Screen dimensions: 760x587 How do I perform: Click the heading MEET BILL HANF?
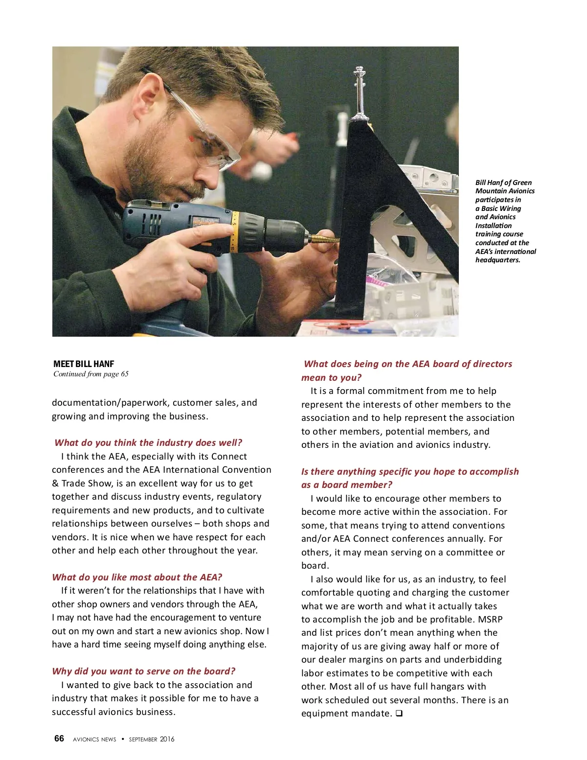(x=84, y=364)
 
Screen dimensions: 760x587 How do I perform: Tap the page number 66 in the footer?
(x=59, y=738)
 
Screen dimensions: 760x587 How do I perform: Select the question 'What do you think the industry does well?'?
(x=148, y=442)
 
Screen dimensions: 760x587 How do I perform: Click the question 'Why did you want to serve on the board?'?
(x=143, y=671)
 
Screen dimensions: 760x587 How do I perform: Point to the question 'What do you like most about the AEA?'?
(x=137, y=577)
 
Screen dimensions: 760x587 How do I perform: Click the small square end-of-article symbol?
(x=399, y=713)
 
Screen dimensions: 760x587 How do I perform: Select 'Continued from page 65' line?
(x=91, y=374)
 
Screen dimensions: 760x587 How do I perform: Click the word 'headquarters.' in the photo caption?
(x=497, y=260)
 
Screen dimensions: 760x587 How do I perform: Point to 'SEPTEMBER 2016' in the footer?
(x=152, y=739)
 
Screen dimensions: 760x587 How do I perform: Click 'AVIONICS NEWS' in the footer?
(x=94, y=739)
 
